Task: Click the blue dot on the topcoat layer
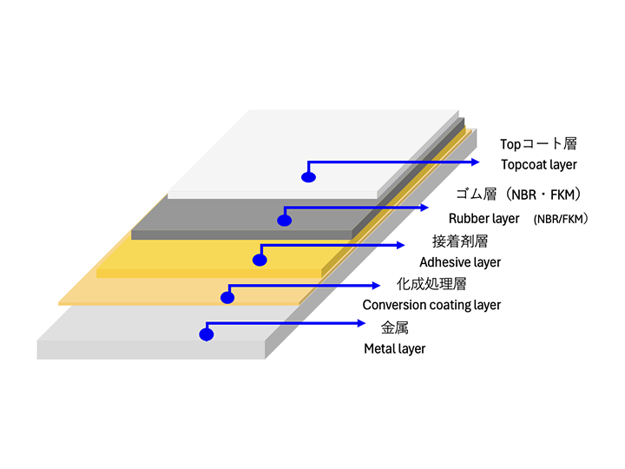coord(308,177)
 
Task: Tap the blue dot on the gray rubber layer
coord(284,220)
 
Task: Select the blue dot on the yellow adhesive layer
coord(260,260)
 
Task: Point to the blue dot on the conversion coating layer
coord(227,298)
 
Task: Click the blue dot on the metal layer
coord(206,334)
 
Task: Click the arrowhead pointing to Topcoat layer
coord(475,162)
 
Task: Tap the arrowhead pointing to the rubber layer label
coord(424,208)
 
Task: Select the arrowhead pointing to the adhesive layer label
coord(400,245)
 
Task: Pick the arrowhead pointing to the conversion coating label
coord(376,286)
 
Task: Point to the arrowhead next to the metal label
coord(361,323)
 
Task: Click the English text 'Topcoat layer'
coord(539,165)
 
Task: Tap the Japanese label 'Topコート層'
coord(538,144)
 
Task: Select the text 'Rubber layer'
coord(484,219)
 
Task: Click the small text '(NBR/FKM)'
coord(561,219)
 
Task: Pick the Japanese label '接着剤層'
coord(460,241)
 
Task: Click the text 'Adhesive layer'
coord(460,262)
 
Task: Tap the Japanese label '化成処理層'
coord(431,284)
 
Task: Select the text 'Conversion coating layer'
coord(431,305)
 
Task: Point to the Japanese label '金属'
coord(395,327)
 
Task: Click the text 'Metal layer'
coord(395,349)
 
